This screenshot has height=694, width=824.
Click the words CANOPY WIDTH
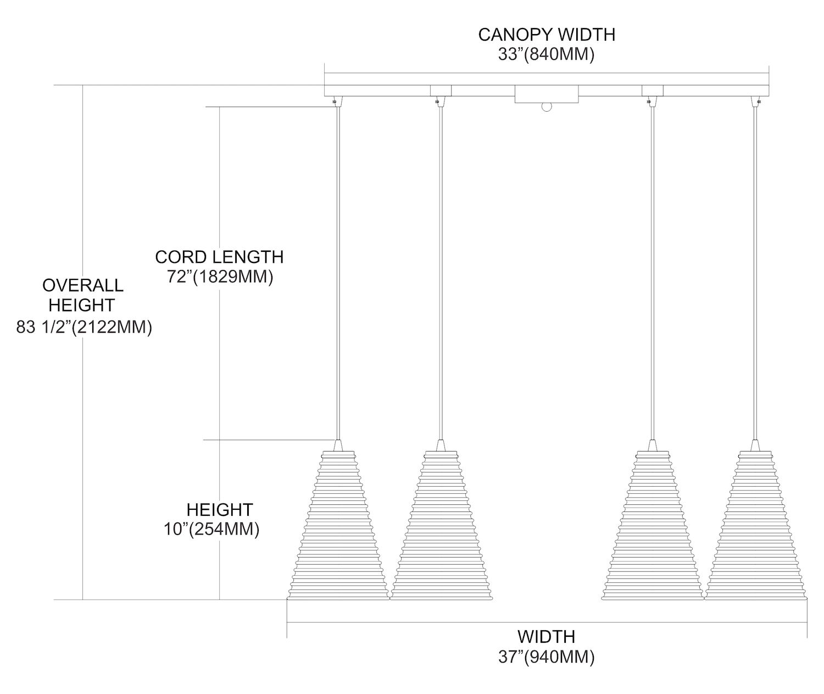[x=547, y=34]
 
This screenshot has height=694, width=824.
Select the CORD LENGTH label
[x=219, y=257]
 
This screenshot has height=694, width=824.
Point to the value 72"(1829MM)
[x=220, y=277]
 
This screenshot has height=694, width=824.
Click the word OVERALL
[x=82, y=285]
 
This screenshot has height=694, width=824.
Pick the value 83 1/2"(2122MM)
[x=83, y=328]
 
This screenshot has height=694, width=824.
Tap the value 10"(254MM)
[x=211, y=530]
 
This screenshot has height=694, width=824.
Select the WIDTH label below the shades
[x=547, y=636]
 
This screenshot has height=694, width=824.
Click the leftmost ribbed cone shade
[x=338, y=528]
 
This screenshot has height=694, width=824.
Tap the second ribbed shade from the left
[x=441, y=528]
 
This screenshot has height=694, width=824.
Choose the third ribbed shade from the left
[x=653, y=528]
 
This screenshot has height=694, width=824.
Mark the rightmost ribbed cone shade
[x=756, y=528]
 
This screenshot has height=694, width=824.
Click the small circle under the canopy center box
[x=546, y=107]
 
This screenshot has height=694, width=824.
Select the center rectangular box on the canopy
[x=546, y=94]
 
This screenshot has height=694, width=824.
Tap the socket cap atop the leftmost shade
[x=338, y=445]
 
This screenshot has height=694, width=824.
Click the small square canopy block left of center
[x=441, y=91]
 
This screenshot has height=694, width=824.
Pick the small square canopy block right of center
[x=653, y=91]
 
